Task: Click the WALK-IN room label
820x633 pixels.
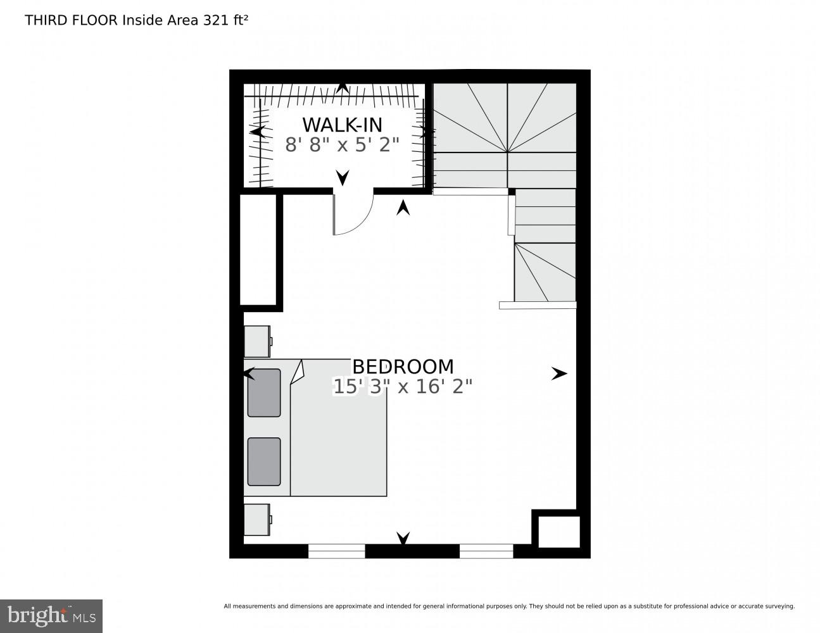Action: [342, 123]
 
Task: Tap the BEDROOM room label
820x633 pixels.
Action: [403, 367]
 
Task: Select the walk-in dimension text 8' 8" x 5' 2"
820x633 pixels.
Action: [342, 145]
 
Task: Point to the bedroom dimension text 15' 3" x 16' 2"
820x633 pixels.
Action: [403, 387]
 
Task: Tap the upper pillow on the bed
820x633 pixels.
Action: [264, 393]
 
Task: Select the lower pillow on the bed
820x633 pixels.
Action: [264, 461]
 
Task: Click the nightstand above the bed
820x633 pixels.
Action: [258, 341]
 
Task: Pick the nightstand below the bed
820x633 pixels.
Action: [258, 520]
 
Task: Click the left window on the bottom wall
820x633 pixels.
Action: [336, 551]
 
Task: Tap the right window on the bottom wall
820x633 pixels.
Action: [486, 551]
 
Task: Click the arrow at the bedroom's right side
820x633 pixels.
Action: [558, 374]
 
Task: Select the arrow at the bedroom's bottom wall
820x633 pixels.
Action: [403, 538]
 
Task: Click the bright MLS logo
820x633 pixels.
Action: [51, 615]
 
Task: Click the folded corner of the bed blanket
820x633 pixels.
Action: [298, 372]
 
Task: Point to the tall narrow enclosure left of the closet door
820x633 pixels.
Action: [258, 249]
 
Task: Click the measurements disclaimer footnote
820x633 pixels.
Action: [508, 606]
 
